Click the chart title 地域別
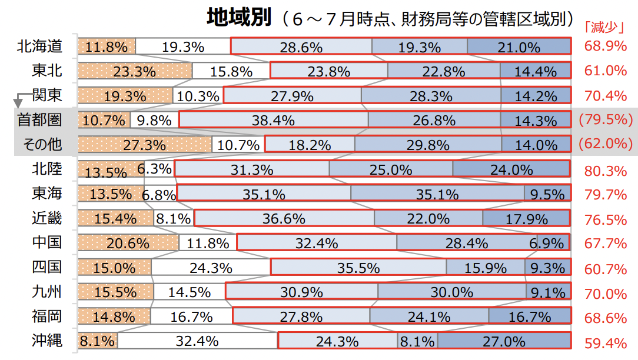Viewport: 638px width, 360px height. click(x=239, y=18)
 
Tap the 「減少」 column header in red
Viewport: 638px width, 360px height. click(x=603, y=28)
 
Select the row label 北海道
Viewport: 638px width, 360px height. click(x=40, y=46)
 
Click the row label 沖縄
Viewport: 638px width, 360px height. click(x=47, y=341)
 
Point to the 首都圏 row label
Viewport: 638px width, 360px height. click(x=40, y=120)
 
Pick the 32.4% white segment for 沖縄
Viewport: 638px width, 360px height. click(x=197, y=341)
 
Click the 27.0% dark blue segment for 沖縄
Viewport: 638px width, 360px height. click(x=504, y=341)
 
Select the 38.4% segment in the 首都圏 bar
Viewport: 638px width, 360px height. click(x=273, y=120)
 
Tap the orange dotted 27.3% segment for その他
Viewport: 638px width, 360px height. click(x=145, y=144)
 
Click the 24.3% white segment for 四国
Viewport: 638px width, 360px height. click(x=211, y=268)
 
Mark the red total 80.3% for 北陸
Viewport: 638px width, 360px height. click(x=606, y=171)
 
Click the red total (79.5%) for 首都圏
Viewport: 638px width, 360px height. click(x=606, y=120)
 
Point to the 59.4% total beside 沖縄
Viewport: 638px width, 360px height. click(x=606, y=342)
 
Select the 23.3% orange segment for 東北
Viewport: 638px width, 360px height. click(x=135, y=71)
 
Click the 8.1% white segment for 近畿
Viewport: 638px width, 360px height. click(x=174, y=218)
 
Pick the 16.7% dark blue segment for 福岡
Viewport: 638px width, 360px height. click(x=529, y=316)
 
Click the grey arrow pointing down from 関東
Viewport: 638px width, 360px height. click(x=18, y=102)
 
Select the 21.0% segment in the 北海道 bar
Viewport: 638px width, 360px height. click(x=519, y=46)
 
